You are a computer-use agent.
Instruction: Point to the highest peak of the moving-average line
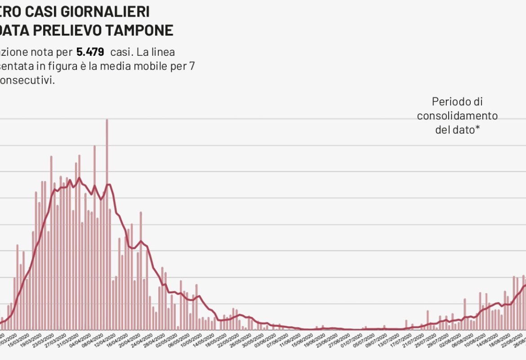[x=79, y=178]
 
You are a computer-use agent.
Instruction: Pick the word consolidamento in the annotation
[x=457, y=116]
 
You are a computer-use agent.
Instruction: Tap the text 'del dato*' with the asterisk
[x=457, y=130]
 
